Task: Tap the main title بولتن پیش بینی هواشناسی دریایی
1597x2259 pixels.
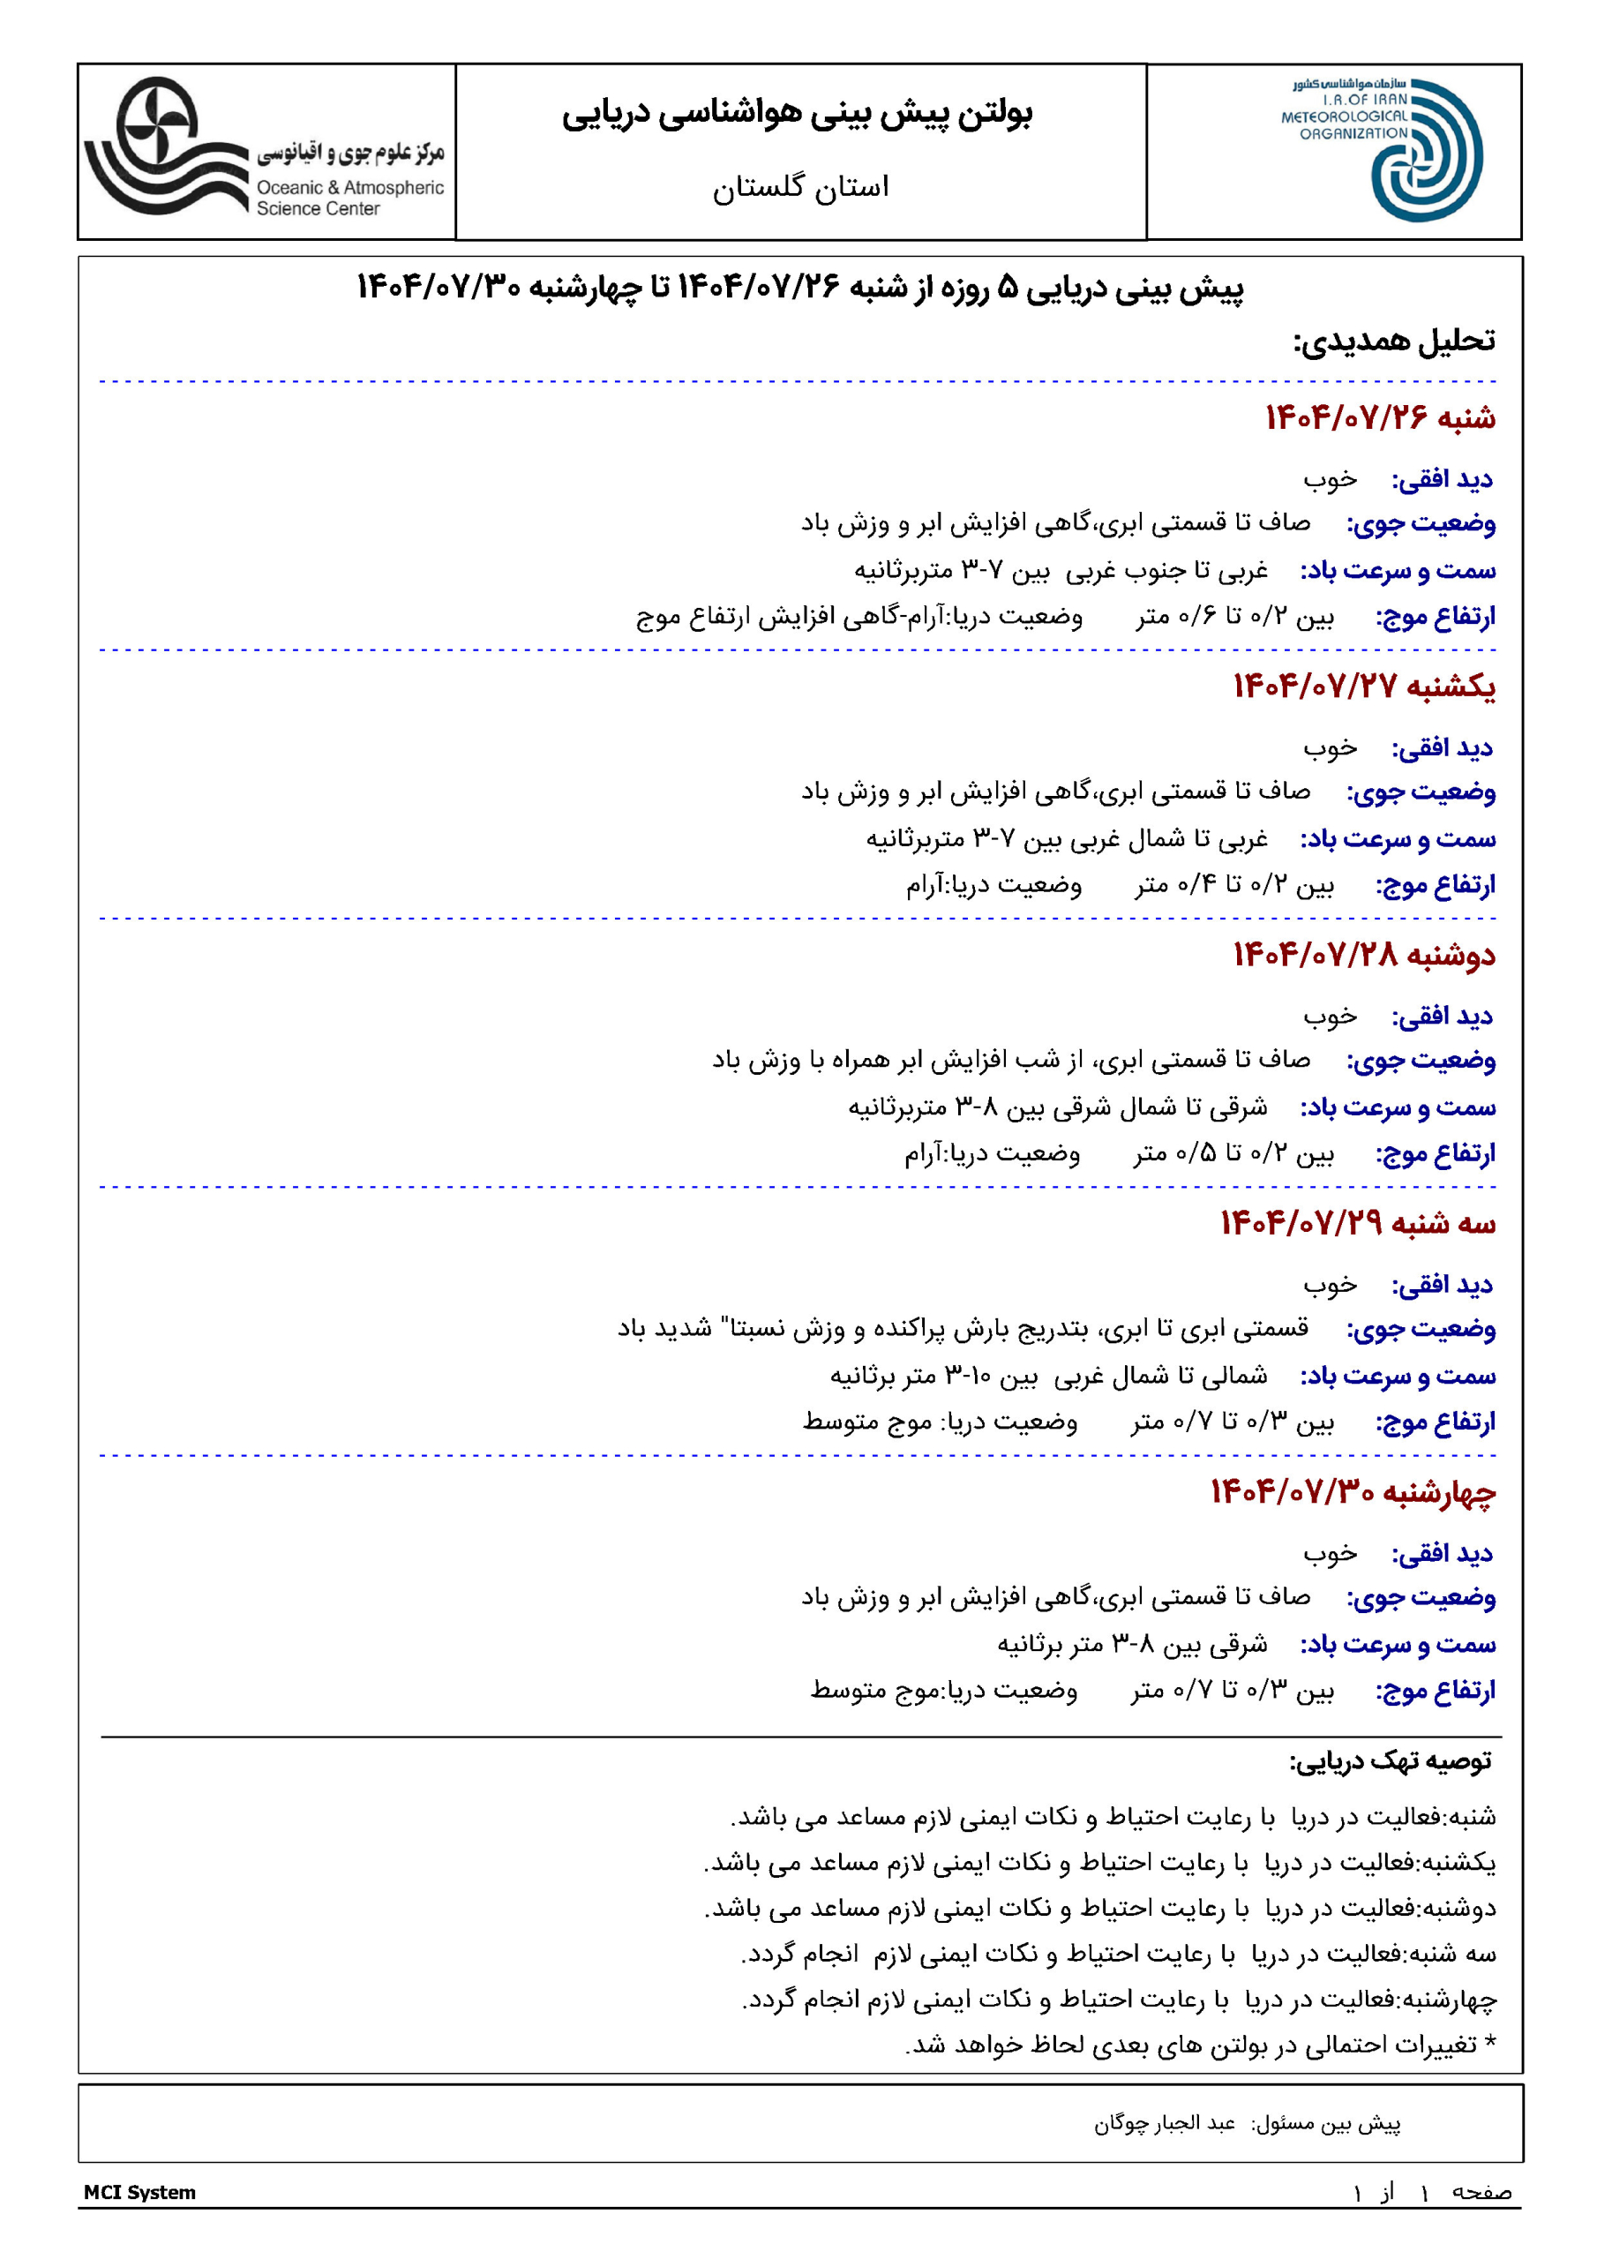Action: tap(797, 114)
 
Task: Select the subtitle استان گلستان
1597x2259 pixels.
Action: tap(800, 186)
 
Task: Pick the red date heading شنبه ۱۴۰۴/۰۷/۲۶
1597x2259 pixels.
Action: tap(1380, 417)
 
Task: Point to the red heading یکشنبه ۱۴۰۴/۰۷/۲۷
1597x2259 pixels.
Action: tap(1364, 686)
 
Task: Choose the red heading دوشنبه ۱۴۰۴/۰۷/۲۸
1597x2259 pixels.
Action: tap(1364, 955)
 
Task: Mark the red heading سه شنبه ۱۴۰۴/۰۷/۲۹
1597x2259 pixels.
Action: tap(1358, 1223)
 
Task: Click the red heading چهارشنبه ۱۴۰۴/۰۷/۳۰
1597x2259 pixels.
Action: tap(1352, 1491)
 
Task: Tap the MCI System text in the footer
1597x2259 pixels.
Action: tap(139, 2192)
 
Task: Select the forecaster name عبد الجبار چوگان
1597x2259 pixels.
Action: tap(1164, 2123)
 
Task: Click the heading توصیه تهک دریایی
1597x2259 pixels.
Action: tap(1391, 1760)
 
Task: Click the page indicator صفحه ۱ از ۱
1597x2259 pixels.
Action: tap(1432, 2192)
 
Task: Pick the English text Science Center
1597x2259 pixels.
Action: tap(318, 208)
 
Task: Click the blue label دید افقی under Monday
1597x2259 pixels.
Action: tap(1442, 1017)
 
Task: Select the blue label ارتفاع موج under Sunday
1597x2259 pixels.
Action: tap(1435, 885)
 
